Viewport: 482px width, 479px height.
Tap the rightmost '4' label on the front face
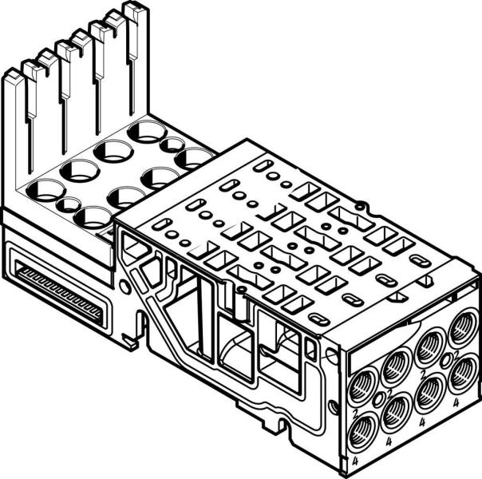click(x=456, y=404)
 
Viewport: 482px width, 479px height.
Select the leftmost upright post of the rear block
click(x=16, y=120)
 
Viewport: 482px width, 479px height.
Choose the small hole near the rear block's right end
click(x=170, y=145)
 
